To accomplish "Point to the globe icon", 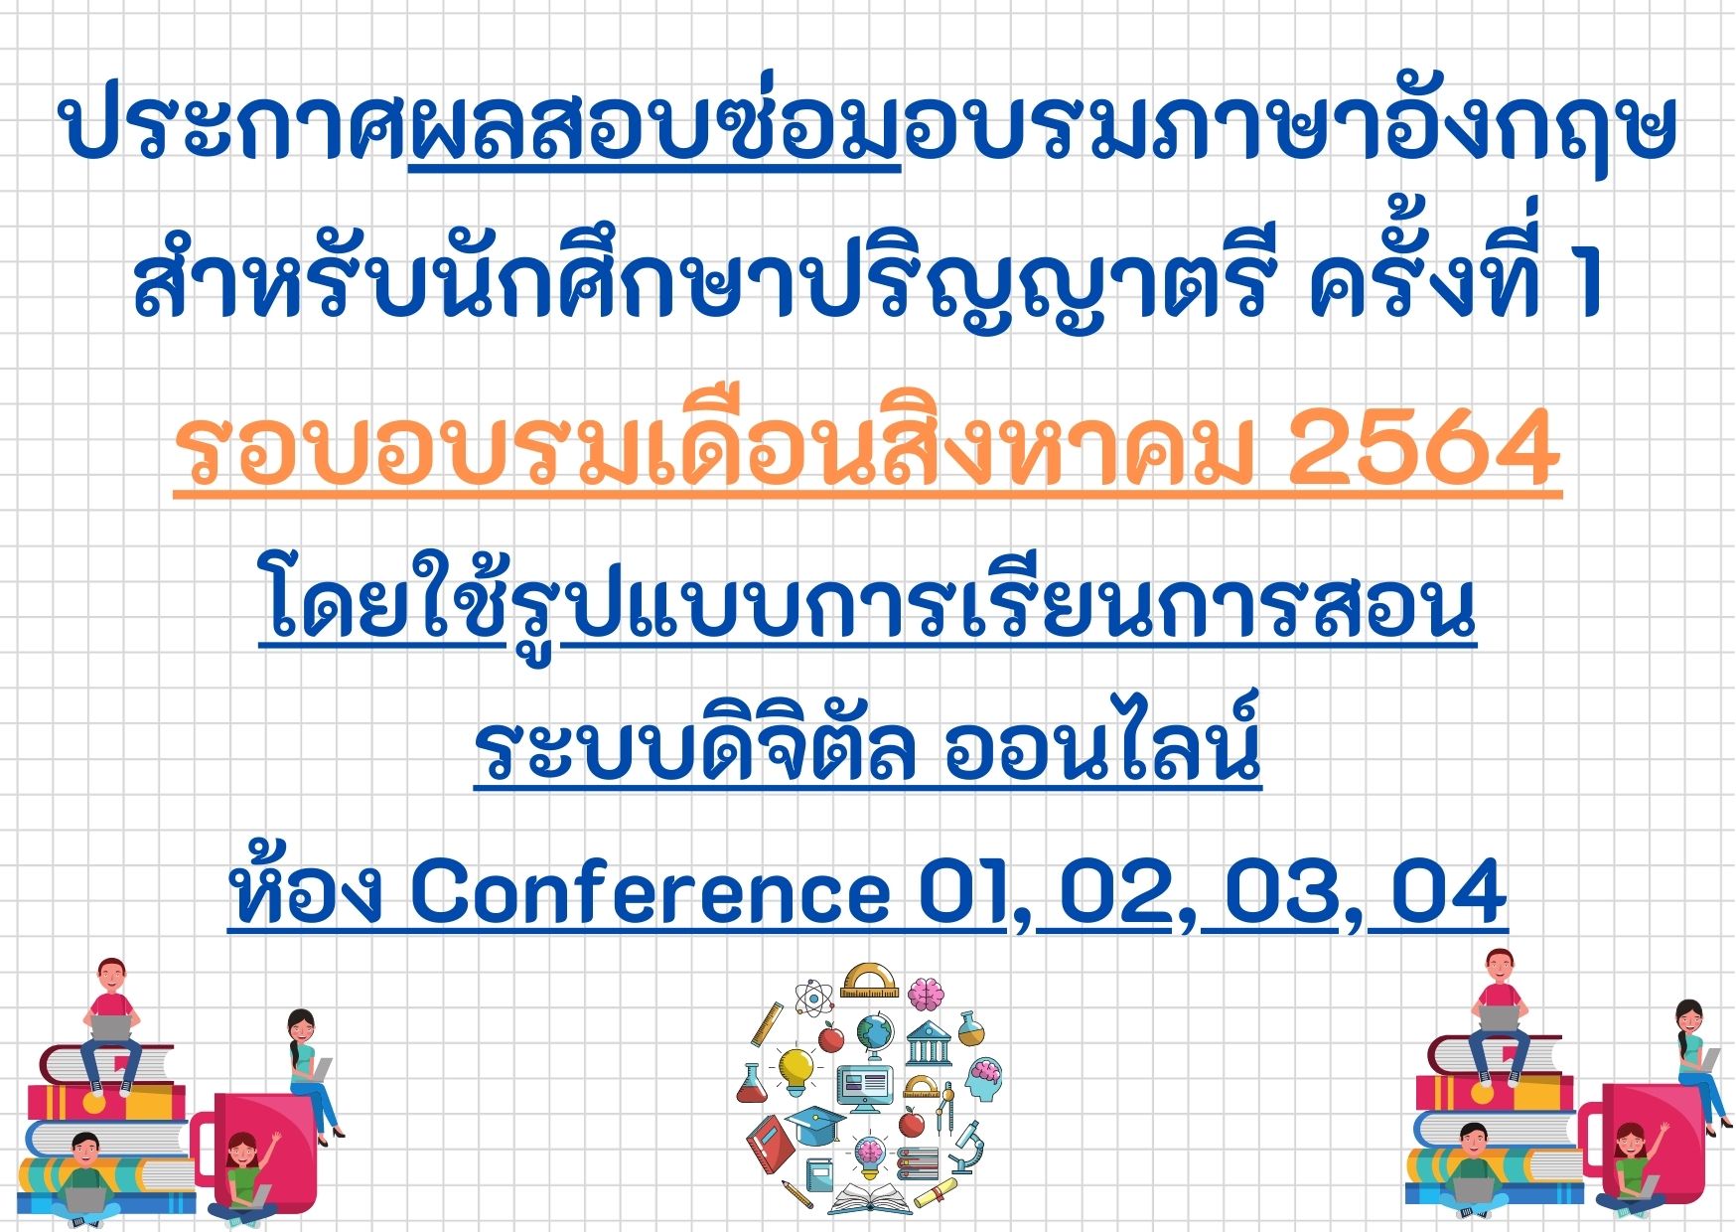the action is (875, 1035).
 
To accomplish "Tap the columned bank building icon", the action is (930, 1043).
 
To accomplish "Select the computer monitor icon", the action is (864, 1090).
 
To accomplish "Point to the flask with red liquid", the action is (752, 1083).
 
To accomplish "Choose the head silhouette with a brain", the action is (983, 1080).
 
